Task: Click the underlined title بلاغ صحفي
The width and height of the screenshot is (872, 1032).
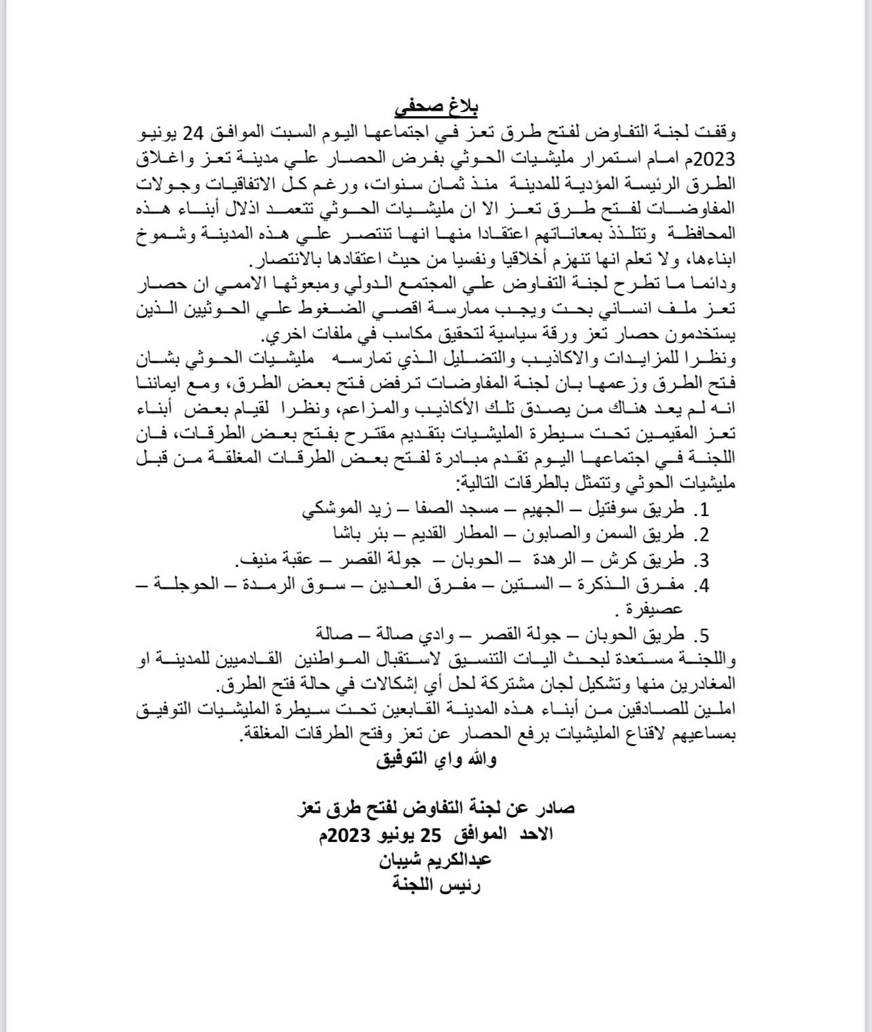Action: pyautogui.click(x=437, y=108)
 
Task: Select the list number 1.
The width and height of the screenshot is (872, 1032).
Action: pyautogui.click(x=705, y=509)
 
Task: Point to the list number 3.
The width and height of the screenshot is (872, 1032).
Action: pyautogui.click(x=704, y=561)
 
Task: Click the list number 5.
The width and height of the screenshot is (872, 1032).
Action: pyautogui.click(x=704, y=635)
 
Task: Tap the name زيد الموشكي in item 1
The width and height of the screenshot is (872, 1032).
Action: pyautogui.click(x=340, y=509)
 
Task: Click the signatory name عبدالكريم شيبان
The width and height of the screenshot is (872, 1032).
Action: pyautogui.click(x=437, y=860)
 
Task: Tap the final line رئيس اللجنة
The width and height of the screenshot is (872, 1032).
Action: pyautogui.click(x=437, y=885)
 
